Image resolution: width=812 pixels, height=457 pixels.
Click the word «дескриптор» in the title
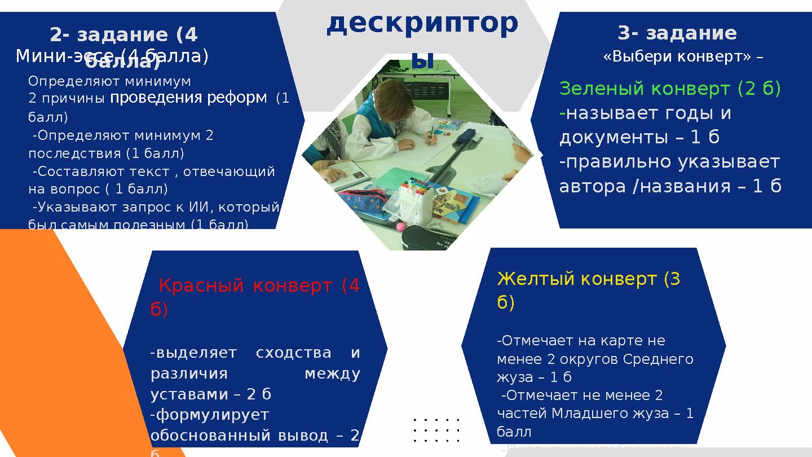click(422, 24)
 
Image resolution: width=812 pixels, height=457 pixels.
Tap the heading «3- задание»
click(677, 33)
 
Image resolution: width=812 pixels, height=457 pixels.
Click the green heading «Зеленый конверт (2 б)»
click(670, 89)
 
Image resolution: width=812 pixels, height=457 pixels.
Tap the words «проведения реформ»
click(188, 98)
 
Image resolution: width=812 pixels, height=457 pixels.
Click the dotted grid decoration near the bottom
click(436, 430)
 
